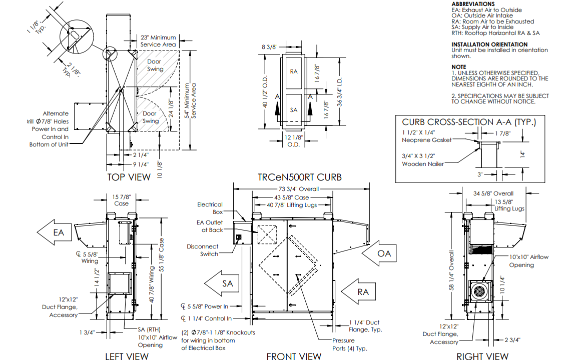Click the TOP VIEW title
[x=129, y=176]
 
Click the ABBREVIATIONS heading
[x=473, y=4]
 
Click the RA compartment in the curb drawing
[x=294, y=71]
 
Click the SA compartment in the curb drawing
[x=294, y=109]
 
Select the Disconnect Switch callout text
[x=203, y=250]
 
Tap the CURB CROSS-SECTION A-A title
[x=469, y=122]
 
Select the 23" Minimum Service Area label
[x=158, y=41]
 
